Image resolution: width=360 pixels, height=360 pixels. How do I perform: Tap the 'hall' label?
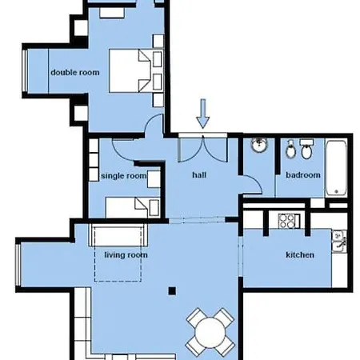pyautogui.click(x=200, y=174)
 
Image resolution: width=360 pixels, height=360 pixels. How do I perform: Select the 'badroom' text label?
pyautogui.click(x=303, y=175)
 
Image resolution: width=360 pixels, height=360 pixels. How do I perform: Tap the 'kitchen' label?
pyautogui.click(x=300, y=255)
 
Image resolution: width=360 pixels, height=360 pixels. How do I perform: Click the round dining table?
pyautogui.click(x=209, y=329)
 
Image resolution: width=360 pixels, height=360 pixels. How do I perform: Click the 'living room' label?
pyautogui.click(x=126, y=255)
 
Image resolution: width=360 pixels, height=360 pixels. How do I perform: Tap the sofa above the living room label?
pyautogui.click(x=118, y=237)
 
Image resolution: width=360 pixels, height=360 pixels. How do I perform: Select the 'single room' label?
pyautogui.click(x=124, y=175)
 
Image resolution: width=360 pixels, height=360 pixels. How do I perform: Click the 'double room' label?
pyautogui.click(x=74, y=71)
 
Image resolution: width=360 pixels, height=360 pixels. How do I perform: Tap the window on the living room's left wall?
pyautogui.click(x=18, y=264)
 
